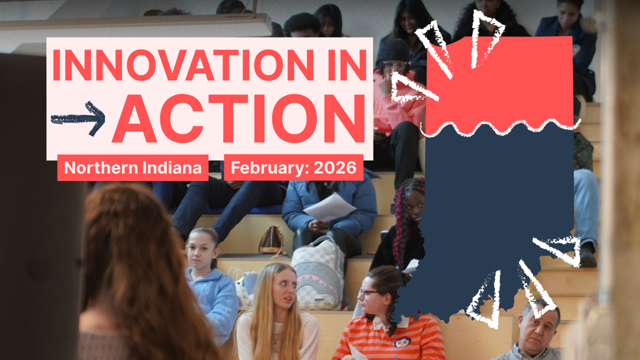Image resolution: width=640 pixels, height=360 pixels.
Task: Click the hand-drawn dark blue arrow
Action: click(x=78, y=118)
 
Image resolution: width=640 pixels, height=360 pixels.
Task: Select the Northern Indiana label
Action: click(x=132, y=167)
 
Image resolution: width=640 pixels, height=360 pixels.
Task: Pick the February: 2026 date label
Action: click(x=293, y=167)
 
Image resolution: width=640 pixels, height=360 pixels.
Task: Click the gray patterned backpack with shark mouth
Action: click(x=318, y=273)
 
